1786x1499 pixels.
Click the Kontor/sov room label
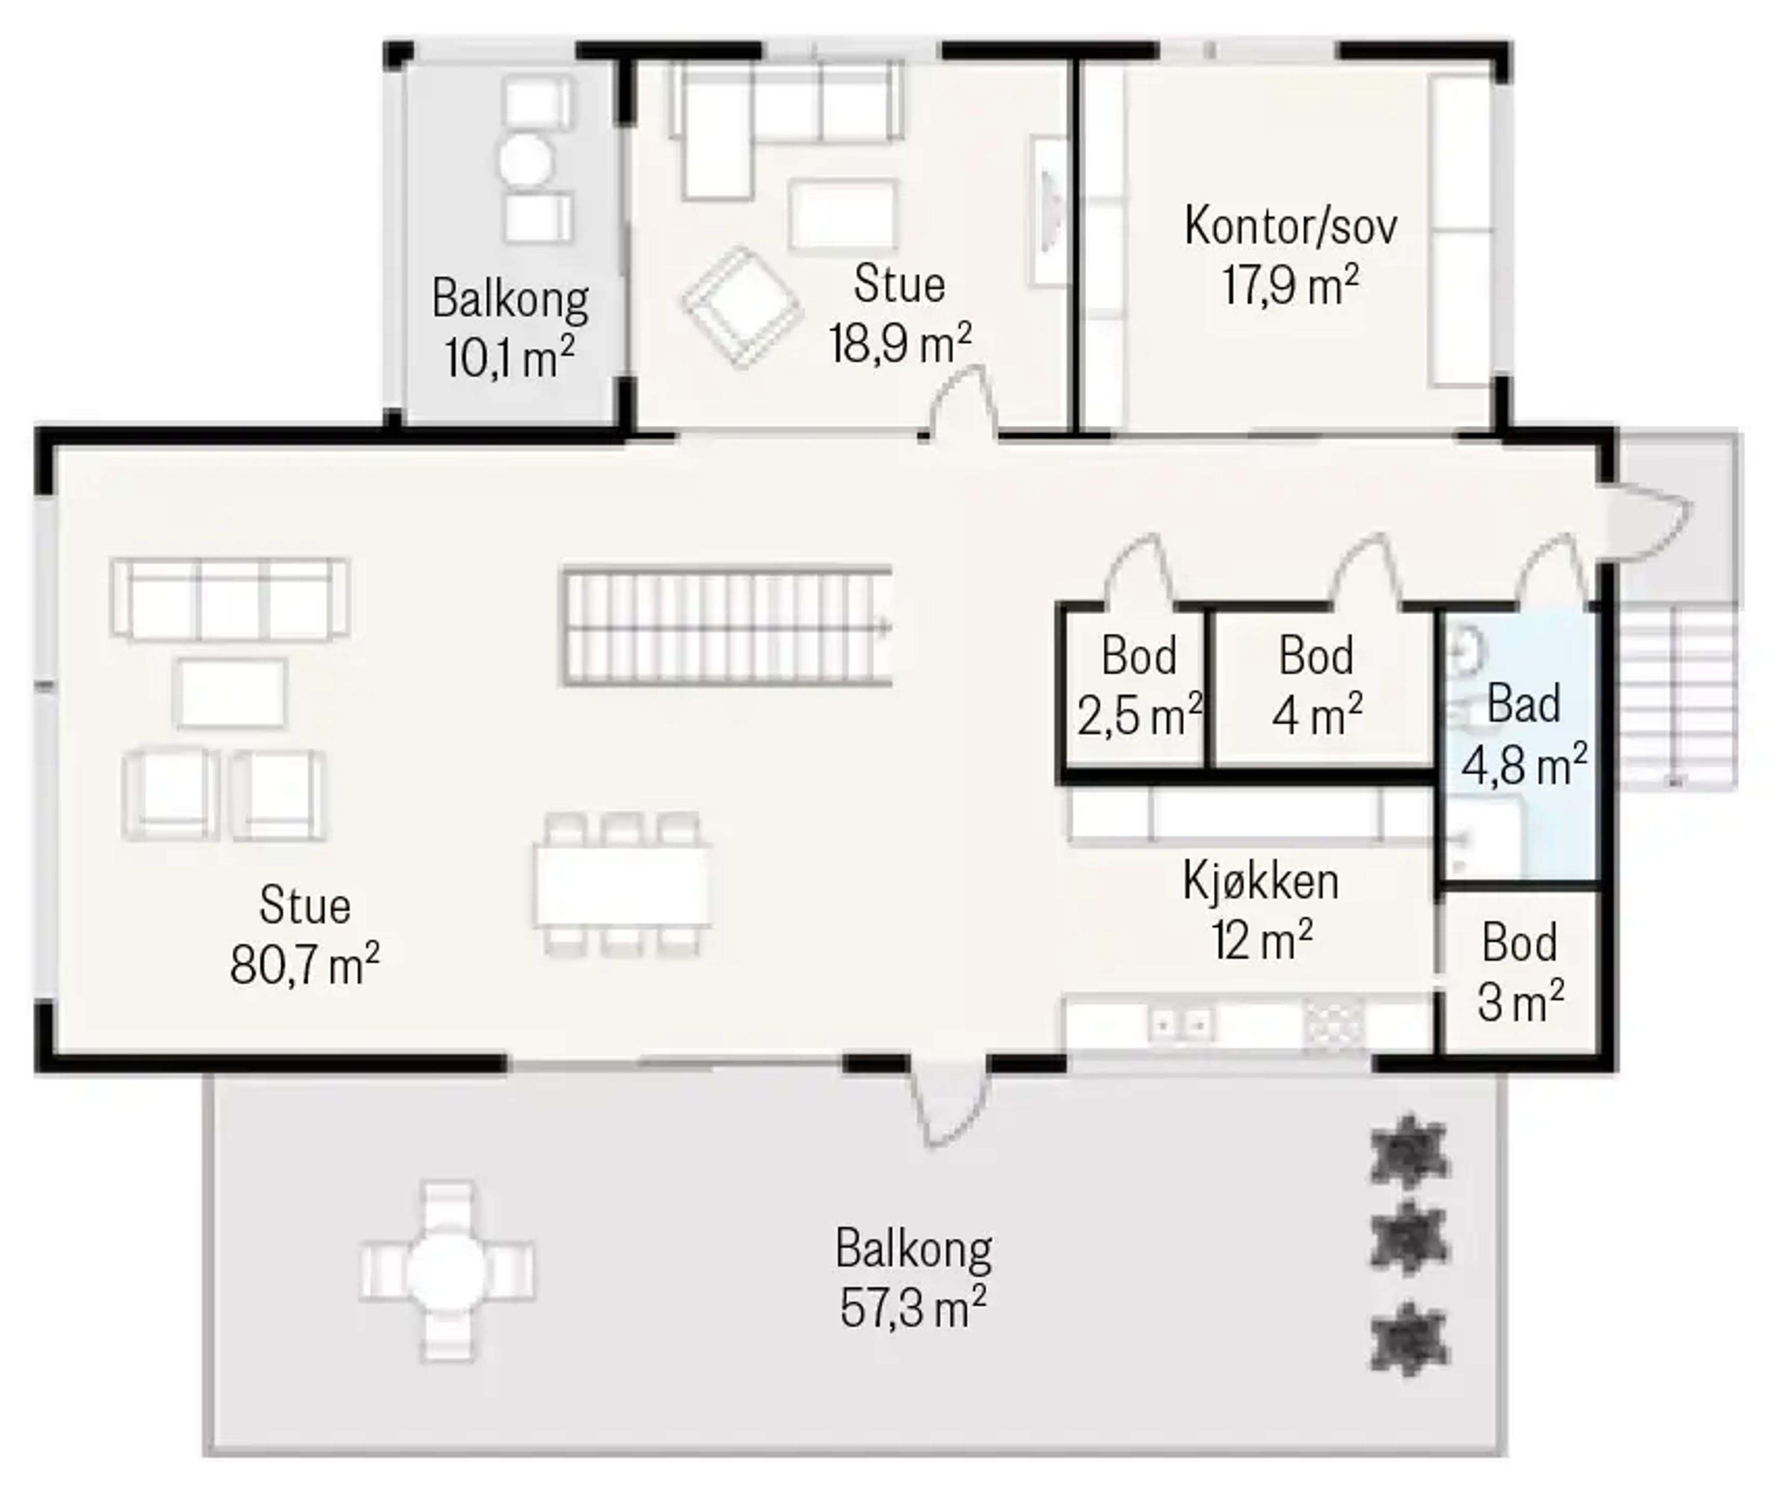[x=1290, y=227]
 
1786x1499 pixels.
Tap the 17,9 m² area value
[x=1290, y=286]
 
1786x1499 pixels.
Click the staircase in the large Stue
[x=727, y=626]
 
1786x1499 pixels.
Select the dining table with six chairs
[x=623, y=884]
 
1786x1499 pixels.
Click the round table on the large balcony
[x=447, y=1272]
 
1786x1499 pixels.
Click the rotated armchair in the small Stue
[x=742, y=307]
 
